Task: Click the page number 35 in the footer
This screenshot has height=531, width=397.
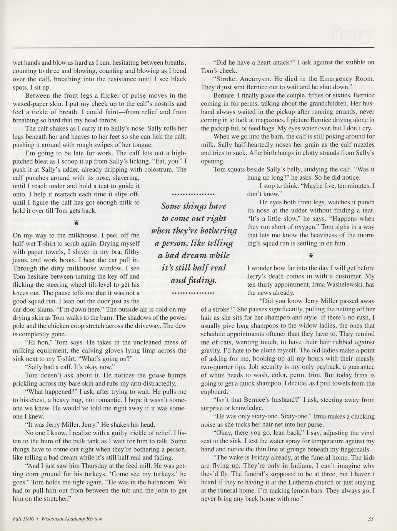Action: (370, 519)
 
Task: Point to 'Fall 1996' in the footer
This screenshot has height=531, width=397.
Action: (23, 519)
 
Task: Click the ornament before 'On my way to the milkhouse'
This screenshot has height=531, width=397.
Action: (76, 222)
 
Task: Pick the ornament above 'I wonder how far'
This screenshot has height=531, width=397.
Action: (311, 255)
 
